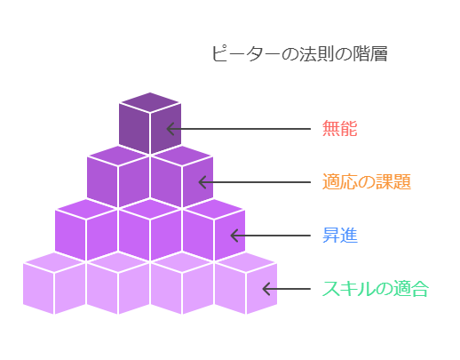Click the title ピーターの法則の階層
pyautogui.click(x=299, y=53)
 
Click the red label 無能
pyautogui.click(x=340, y=129)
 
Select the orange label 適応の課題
pyautogui.click(x=367, y=182)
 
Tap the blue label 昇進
pyautogui.click(x=340, y=236)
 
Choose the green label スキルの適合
pyautogui.click(x=376, y=289)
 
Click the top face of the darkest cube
pyautogui.click(x=150, y=102)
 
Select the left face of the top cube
pyautogui.click(x=134, y=128)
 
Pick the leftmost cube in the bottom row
pyautogui.click(x=54, y=284)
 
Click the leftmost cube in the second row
pyautogui.click(x=86, y=230)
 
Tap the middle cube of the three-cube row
pyautogui.click(x=150, y=230)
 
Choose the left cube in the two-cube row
pyautogui.click(x=118, y=177)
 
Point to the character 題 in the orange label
pyautogui.click(x=402, y=182)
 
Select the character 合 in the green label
pyautogui.click(x=420, y=289)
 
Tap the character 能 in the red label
pyautogui.click(x=349, y=129)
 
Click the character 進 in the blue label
pyautogui.click(x=349, y=236)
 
